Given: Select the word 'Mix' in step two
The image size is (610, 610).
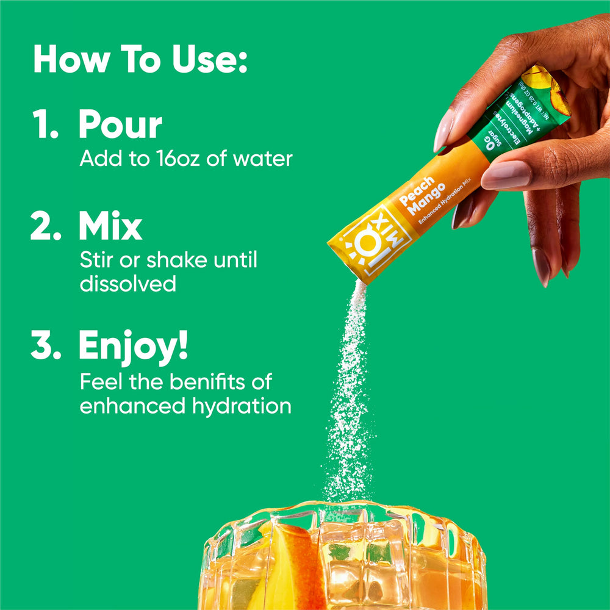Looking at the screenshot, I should [x=110, y=226].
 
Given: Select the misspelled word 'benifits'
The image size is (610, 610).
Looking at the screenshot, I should [x=211, y=382].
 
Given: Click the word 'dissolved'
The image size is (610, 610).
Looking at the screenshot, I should [x=128, y=284].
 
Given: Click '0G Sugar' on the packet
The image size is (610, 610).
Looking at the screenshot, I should [x=493, y=139].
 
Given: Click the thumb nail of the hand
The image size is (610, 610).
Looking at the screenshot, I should [x=506, y=174].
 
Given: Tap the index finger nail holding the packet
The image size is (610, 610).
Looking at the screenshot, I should [x=443, y=129].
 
